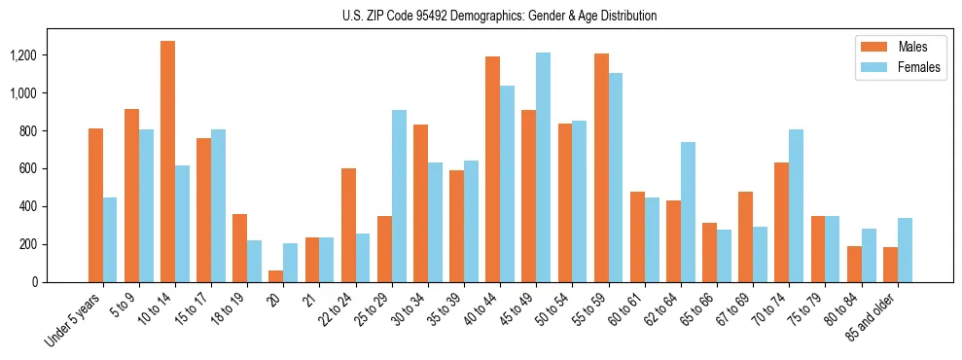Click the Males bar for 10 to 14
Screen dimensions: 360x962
pos(167,162)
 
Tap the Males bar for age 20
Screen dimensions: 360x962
pos(276,276)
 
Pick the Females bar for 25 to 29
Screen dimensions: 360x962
pos(399,196)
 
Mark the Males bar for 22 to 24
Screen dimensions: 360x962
pos(348,225)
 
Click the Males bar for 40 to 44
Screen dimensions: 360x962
pos(492,169)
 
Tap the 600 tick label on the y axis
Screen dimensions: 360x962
pos(54,168)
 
